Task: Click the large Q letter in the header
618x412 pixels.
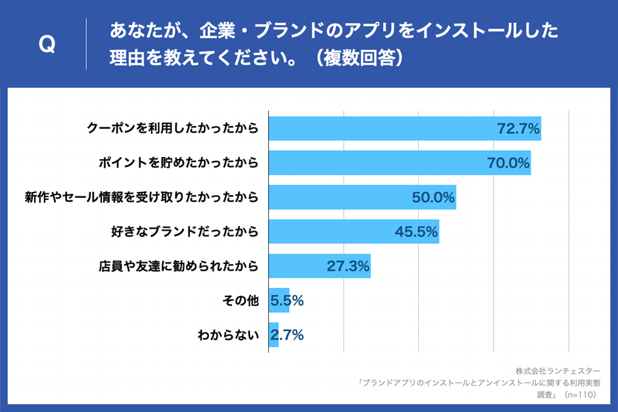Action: [x=47, y=44]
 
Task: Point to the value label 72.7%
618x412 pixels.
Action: [x=518, y=129]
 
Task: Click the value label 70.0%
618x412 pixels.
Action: [x=508, y=163]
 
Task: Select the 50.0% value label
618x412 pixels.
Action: [x=433, y=197]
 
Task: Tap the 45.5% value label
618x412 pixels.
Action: [x=416, y=231]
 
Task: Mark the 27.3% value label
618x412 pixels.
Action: [x=348, y=266]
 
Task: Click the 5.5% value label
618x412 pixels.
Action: [x=287, y=300]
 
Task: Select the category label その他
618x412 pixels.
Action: [x=241, y=300]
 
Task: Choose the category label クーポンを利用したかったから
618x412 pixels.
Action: [x=172, y=129]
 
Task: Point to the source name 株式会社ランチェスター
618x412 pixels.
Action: [x=558, y=371]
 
